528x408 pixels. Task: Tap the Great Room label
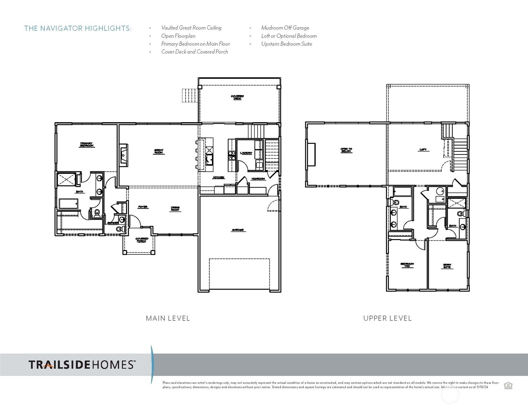point(158,152)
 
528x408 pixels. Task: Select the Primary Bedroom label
point(86,144)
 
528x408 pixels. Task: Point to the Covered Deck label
point(237,97)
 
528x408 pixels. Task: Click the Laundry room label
point(246,153)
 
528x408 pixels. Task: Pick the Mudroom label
point(258,179)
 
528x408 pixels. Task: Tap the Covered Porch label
point(142,240)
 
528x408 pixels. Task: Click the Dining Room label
point(175,209)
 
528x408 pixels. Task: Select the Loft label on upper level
point(423,150)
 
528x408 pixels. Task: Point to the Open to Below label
point(346,150)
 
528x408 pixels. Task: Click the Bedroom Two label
point(407,265)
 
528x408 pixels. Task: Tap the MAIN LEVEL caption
point(168,318)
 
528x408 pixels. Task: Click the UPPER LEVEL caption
point(387,318)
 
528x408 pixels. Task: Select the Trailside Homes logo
point(82,364)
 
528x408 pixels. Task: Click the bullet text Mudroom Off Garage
point(285,28)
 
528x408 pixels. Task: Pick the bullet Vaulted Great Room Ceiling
point(191,28)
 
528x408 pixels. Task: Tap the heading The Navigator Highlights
point(78,28)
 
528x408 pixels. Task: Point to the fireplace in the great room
point(123,155)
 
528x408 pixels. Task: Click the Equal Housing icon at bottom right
point(508,386)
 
